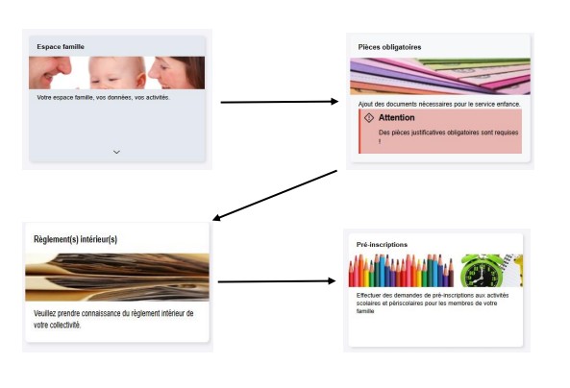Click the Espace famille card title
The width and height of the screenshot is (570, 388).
click(61, 46)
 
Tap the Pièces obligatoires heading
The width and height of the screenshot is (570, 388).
click(389, 47)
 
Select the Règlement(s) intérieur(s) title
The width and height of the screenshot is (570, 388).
click(75, 239)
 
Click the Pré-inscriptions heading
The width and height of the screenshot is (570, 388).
click(382, 245)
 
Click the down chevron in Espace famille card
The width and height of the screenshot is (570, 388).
click(116, 152)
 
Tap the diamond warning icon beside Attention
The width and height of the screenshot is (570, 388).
click(369, 118)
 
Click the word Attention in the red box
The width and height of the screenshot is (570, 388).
click(396, 118)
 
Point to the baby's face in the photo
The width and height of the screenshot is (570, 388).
click(116, 74)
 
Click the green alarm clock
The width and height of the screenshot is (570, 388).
click(483, 271)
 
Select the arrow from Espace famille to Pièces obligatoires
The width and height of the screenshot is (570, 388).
click(279, 102)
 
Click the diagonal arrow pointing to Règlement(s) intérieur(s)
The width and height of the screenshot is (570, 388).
click(275, 196)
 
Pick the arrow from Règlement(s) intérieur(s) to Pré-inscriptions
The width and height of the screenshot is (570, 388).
click(276, 281)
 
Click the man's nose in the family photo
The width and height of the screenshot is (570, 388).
click(62, 65)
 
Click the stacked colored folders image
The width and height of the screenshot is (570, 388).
click(440, 76)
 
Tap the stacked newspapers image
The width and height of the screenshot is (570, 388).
click(117, 278)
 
